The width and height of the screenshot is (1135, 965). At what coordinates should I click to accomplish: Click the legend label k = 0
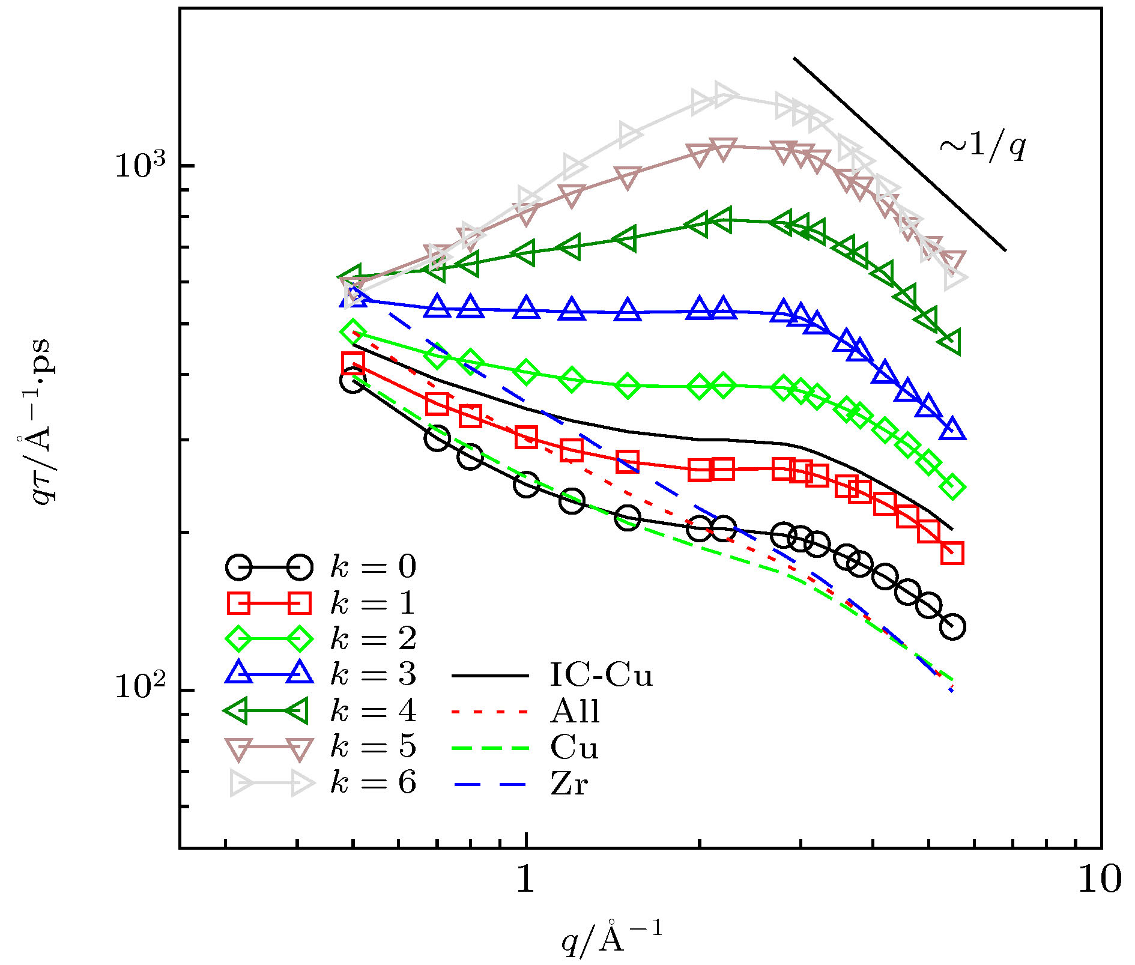(373, 567)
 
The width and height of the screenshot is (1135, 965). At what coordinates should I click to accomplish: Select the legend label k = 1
(373, 603)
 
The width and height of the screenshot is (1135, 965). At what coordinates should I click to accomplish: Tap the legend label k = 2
(373, 639)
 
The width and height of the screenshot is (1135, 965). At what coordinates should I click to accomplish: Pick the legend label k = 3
(373, 675)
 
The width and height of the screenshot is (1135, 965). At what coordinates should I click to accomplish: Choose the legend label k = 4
(373, 711)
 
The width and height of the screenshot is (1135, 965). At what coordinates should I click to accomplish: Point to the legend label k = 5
(373, 747)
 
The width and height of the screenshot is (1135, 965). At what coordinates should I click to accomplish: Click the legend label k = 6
(373, 783)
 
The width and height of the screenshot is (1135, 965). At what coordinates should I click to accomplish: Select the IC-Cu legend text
(601, 675)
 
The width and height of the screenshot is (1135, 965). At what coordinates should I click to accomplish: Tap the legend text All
(575, 712)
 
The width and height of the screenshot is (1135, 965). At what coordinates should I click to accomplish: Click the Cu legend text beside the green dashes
(574, 748)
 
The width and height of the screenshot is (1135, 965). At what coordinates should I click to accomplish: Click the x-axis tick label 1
(525, 879)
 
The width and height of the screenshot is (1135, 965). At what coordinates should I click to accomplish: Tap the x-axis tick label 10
(1100, 879)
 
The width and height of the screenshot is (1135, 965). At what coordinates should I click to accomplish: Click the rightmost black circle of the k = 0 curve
(952, 627)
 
